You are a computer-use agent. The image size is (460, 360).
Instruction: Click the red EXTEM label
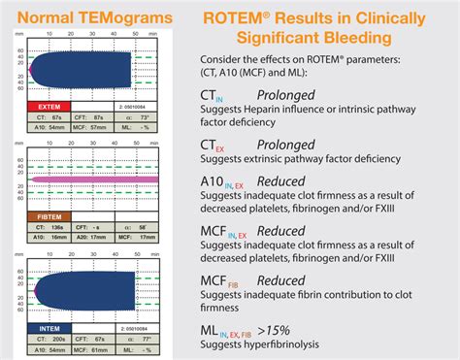(x=50, y=105)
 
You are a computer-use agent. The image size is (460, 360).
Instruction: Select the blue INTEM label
(x=50, y=328)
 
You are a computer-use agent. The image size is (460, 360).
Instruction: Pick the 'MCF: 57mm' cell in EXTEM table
(x=99, y=127)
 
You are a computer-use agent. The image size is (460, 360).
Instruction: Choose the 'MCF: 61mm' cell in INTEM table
(x=99, y=350)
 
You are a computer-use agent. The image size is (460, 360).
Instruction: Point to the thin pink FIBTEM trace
(x=97, y=180)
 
